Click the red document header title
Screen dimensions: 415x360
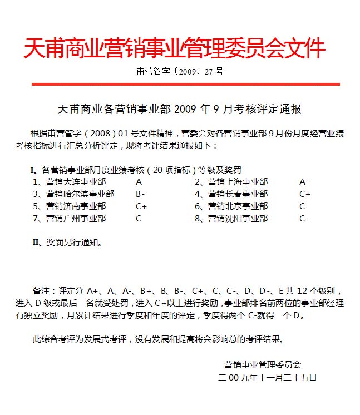point(174,50)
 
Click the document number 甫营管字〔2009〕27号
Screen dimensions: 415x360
point(179,72)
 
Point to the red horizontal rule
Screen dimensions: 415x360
point(185,84)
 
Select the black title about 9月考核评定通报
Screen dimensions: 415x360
point(179,109)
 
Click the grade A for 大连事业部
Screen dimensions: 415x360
point(139,182)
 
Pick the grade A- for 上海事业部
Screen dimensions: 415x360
point(304,182)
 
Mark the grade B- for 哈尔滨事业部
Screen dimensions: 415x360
point(140,194)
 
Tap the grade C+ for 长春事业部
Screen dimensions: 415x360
point(305,194)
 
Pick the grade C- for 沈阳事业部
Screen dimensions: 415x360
point(304,219)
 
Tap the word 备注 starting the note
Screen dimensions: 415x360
point(42,291)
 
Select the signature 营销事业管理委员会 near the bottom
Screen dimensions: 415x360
point(263,365)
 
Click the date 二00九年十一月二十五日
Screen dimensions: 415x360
point(268,377)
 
